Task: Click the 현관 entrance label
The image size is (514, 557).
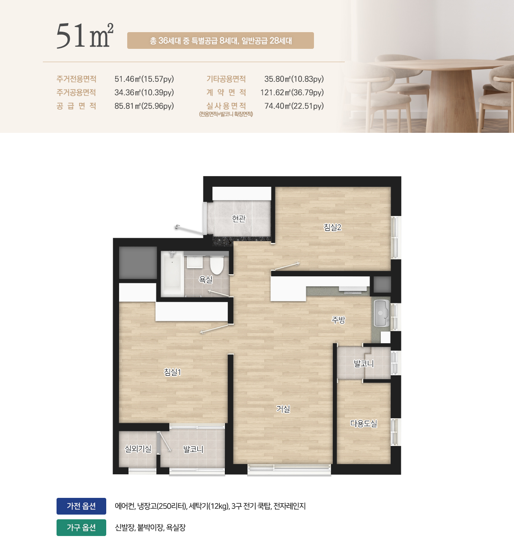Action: pyautogui.click(x=239, y=219)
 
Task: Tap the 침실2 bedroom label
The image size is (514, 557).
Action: pyautogui.click(x=332, y=227)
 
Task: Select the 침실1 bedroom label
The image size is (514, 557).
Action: pyautogui.click(x=173, y=372)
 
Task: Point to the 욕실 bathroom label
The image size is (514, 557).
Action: pyautogui.click(x=206, y=279)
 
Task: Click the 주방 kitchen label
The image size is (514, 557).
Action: pyautogui.click(x=338, y=320)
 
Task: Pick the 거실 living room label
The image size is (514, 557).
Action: pyautogui.click(x=283, y=409)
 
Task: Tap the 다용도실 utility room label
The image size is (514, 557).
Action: pyautogui.click(x=364, y=423)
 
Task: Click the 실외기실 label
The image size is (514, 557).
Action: pyautogui.click(x=138, y=449)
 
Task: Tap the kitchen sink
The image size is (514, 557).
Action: pyautogui.click(x=381, y=313)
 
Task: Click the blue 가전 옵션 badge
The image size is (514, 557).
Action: pyautogui.click(x=81, y=506)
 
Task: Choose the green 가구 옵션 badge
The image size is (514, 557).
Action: pyautogui.click(x=81, y=527)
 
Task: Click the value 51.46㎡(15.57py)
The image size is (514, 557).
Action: pyautogui.click(x=144, y=79)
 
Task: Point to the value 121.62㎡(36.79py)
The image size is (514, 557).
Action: pyautogui.click(x=292, y=93)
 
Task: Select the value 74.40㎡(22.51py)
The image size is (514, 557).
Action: pyautogui.click(x=294, y=106)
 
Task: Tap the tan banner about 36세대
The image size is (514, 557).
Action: pyautogui.click(x=221, y=41)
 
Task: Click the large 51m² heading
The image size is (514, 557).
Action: pyautogui.click(x=85, y=35)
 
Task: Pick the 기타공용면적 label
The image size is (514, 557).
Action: pyautogui.click(x=226, y=79)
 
